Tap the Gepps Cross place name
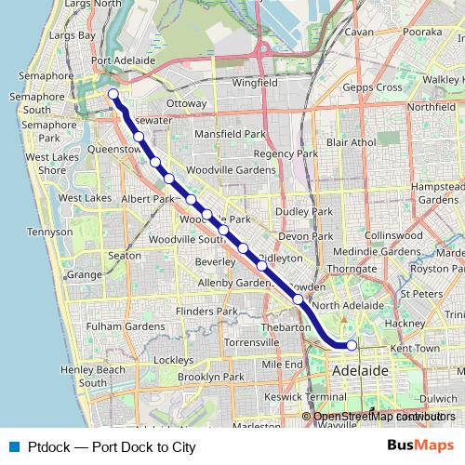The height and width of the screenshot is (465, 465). coord(370,86)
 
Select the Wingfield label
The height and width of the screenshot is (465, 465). coord(255,82)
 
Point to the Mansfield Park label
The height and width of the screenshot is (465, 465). coord(230,134)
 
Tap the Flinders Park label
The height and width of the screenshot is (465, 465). coord(207,311)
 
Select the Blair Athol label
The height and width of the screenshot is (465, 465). coord(351,142)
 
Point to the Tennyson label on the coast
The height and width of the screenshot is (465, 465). coord(50,232)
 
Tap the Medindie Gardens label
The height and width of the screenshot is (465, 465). coord(377,251)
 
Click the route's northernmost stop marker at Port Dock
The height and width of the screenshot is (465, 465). coord(113,93)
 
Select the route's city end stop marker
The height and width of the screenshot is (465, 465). coord(352,345)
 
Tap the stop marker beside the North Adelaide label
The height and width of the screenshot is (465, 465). coord(298,299)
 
